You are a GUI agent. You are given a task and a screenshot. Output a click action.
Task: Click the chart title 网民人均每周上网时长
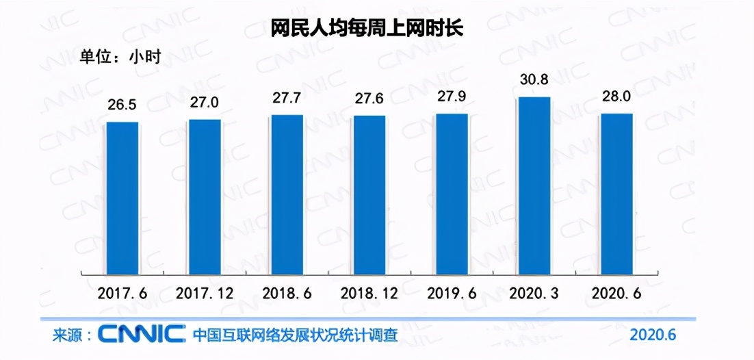coord(367,28)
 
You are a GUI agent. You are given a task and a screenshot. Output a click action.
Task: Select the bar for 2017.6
coord(122,197)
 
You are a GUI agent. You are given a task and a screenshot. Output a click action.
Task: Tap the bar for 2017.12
coord(205,196)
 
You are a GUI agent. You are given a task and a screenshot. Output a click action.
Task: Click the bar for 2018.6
coord(287,194)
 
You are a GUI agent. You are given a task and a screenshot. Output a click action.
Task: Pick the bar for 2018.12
coord(369,194)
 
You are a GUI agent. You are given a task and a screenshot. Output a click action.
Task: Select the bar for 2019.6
coord(452,193)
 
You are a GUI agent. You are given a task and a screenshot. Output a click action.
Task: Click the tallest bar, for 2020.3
coord(534,185)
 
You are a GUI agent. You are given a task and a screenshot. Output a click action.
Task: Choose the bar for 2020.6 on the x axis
coord(616,193)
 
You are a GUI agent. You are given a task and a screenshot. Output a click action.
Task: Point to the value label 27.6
coord(369,99)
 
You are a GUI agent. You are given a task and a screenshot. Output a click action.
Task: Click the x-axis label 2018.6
coord(287,294)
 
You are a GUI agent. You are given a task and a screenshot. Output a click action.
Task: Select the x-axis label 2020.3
coord(533,294)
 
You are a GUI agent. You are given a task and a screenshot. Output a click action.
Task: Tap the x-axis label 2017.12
coord(205,294)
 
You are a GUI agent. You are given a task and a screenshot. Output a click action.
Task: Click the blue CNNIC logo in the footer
coord(141,335)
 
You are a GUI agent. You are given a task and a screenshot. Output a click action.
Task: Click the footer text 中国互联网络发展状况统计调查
coord(295,335)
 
